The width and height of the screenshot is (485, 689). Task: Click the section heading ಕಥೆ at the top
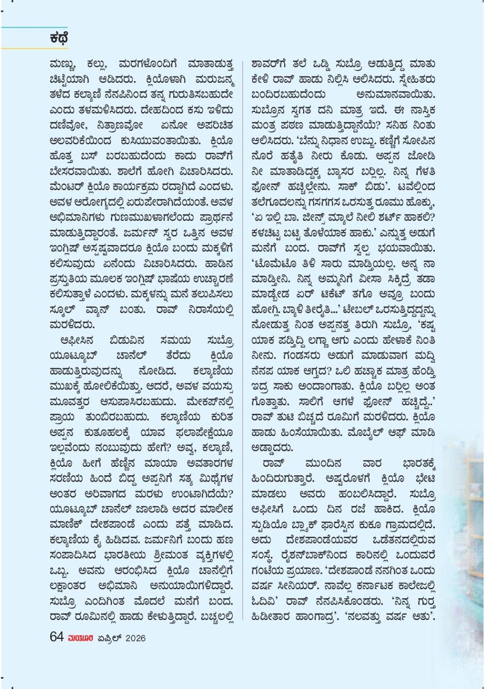59,38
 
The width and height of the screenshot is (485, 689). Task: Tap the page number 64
57,637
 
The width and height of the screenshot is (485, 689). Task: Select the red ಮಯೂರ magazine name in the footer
81,638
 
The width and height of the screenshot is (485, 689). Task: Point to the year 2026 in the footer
135,638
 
